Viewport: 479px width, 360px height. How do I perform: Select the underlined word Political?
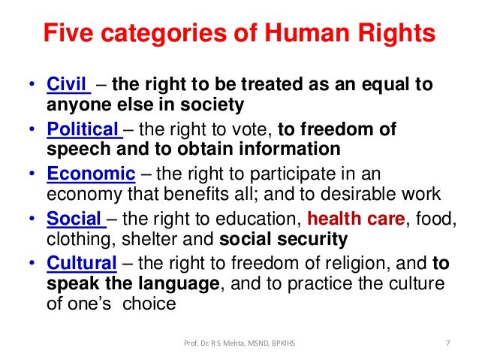click(x=83, y=129)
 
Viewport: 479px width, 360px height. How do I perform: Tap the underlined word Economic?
click(x=91, y=174)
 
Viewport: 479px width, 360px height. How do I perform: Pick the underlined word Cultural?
click(x=82, y=265)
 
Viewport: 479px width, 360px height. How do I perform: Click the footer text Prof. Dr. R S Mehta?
click(x=225, y=344)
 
